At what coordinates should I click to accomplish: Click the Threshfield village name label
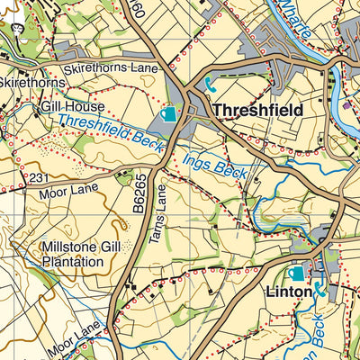[x=258, y=109]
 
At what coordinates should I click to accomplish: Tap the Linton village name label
[x=288, y=292]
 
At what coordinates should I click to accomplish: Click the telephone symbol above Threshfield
[x=211, y=85]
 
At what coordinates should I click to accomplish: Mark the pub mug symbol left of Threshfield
[x=168, y=114]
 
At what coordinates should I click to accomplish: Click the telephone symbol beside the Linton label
[x=319, y=291]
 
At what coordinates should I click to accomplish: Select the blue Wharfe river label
[x=298, y=20]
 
